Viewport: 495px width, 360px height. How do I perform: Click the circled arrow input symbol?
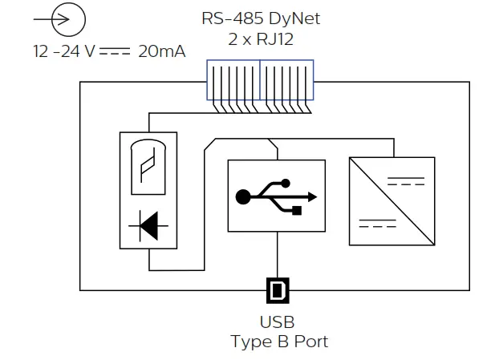tap(67, 19)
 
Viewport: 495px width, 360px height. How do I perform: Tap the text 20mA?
tap(162, 51)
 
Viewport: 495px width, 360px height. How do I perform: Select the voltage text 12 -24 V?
tap(64, 51)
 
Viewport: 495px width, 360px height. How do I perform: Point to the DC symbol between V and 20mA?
tap(116, 51)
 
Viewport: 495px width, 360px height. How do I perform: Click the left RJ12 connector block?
tap(233, 79)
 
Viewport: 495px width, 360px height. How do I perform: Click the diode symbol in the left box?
tap(149, 226)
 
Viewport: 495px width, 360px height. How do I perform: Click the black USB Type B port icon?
tap(277, 289)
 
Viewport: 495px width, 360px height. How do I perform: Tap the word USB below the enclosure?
tap(277, 322)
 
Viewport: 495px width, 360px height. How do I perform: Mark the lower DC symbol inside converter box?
tap(377, 223)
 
